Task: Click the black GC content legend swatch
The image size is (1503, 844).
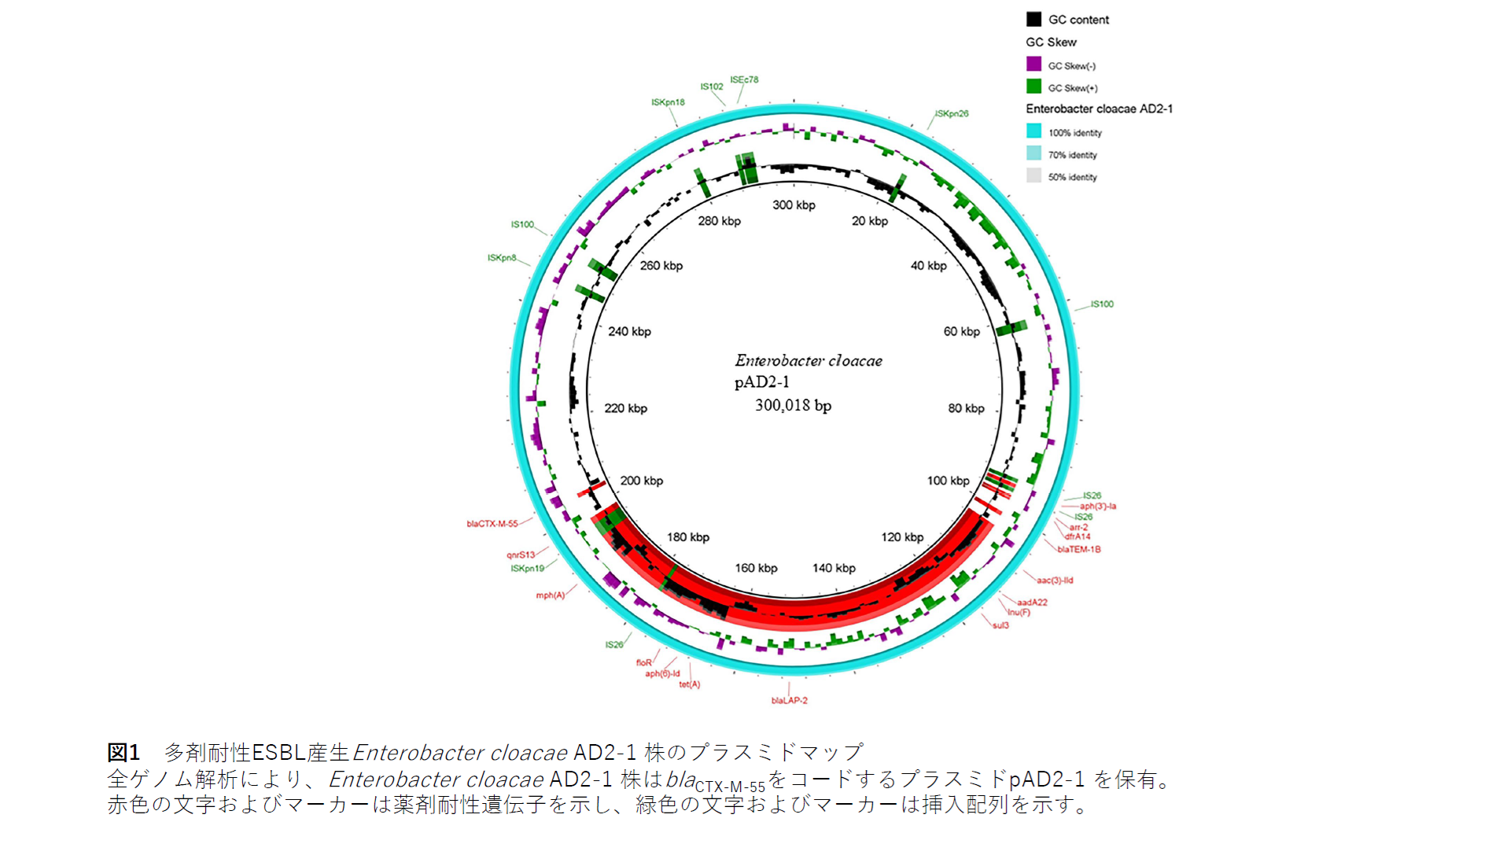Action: coord(1033,20)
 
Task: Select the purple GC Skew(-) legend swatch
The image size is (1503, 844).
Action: coord(1033,64)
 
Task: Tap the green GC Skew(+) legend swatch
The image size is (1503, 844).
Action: coord(1033,87)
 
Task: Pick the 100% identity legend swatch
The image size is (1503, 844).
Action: coord(1033,131)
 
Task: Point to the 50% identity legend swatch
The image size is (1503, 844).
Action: coord(1033,176)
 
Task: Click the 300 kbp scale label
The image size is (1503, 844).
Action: coord(794,205)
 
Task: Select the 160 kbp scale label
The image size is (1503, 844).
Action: coord(756,568)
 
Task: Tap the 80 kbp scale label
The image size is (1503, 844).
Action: coord(966,408)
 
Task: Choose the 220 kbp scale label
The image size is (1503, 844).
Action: coord(625,408)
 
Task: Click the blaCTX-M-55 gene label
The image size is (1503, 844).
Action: coord(492,524)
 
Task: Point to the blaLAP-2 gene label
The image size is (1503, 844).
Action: coord(789,700)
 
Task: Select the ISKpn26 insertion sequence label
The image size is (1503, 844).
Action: coord(952,114)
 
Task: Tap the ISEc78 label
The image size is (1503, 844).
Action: coord(744,79)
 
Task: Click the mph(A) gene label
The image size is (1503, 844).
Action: coord(551,595)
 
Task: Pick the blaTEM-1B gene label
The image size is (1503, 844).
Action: coord(1079,550)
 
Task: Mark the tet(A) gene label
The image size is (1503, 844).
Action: coord(690,684)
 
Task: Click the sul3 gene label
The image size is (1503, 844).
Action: coord(1000,625)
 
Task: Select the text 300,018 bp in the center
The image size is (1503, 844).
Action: coord(793,406)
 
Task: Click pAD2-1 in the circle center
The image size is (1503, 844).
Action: coord(761,382)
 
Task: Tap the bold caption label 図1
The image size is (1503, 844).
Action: coord(123,753)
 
